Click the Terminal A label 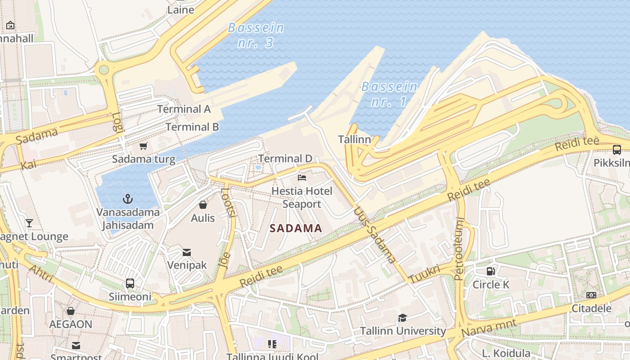point(184,109)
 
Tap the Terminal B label point(192,127)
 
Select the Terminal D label point(285,158)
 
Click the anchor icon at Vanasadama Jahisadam point(128,198)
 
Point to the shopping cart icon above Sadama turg point(143,146)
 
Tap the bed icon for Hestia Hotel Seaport point(302,178)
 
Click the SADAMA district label point(296,228)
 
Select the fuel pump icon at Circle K point(490,271)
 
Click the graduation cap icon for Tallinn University point(402,318)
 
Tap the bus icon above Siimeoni point(130,283)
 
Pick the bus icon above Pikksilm point(616,150)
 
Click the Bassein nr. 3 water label point(256,35)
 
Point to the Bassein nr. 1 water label point(389,94)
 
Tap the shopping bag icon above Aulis point(203,205)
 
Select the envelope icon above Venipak point(187,252)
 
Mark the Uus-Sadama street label point(375,234)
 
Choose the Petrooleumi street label point(459,249)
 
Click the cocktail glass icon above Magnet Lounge point(29,223)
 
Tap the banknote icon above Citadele point(591,295)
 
